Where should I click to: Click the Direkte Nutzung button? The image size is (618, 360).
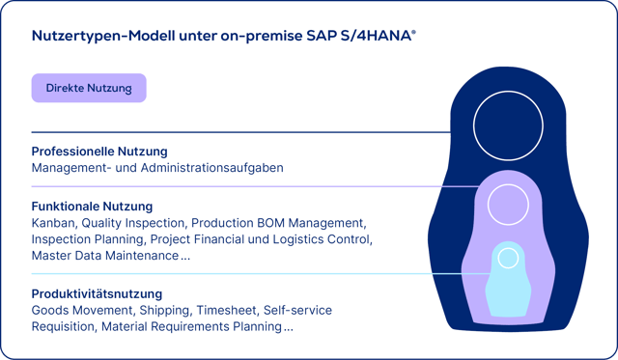[x=89, y=88]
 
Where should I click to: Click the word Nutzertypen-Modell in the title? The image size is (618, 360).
[x=106, y=36]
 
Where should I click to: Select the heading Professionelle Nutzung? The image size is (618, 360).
[x=99, y=152]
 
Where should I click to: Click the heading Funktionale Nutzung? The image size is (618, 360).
[x=92, y=207]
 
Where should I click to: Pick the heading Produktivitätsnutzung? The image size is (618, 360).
[x=97, y=293]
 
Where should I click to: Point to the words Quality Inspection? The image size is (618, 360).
[x=134, y=223]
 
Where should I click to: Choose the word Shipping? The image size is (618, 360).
[x=167, y=310]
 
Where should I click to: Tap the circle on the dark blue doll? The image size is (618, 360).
[x=503, y=125]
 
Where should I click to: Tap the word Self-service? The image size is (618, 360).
[x=297, y=310]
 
